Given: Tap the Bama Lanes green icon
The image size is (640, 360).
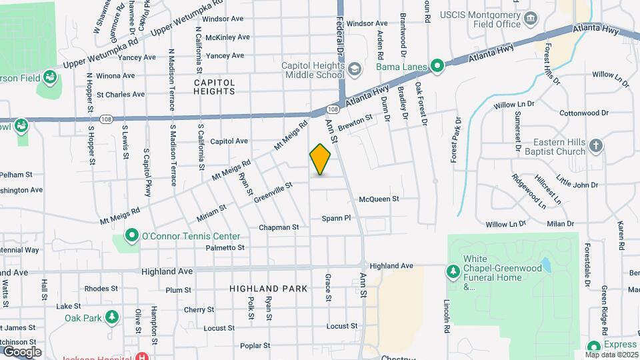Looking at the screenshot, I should pos(437,66).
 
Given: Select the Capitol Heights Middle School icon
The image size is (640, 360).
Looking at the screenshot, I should pos(355,69).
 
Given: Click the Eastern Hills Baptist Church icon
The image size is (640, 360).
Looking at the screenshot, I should pos(597,145).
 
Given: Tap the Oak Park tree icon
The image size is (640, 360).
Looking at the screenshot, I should pos(112,317).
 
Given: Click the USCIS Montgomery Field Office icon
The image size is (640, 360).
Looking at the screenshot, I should pos(531,18).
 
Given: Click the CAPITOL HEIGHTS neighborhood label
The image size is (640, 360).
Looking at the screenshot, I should pos(215,87).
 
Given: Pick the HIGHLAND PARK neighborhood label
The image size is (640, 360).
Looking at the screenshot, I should pos(268,289).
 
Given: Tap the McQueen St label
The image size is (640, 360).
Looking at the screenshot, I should pos(379,199).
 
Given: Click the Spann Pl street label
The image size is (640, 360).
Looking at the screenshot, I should pos(336,218).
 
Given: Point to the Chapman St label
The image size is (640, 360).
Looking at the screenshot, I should pos(279,227).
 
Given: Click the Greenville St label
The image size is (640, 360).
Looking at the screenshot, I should pos(273,190).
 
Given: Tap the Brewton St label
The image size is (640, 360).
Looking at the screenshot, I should pos(355,123).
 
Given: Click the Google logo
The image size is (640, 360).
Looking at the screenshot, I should pos(22,351).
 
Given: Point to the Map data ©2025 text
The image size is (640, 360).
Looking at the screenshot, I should pos(611,355).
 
